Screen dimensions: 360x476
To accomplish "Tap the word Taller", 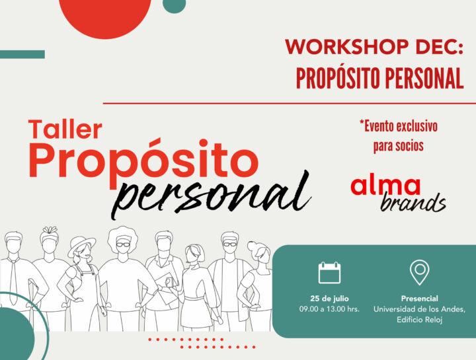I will click(x=65, y=129).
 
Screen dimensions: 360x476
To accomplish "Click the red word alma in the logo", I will click(x=385, y=186).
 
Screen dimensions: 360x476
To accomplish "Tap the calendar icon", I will click(x=329, y=272).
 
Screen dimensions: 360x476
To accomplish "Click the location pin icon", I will click(x=419, y=271).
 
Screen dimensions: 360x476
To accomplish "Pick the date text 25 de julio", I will click(x=329, y=299).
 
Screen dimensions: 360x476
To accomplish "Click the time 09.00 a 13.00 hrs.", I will click(x=329, y=309).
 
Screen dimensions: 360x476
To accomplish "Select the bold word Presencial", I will click(x=419, y=299).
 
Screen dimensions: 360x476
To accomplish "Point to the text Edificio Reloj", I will click(x=419, y=320).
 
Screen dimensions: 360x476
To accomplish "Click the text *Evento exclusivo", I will click(x=398, y=126).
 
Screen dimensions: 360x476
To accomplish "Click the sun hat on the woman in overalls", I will click(x=81, y=242).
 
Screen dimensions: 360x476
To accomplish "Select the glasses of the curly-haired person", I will click(x=124, y=244).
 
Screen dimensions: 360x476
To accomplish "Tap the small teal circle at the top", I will click(x=173, y=5).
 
